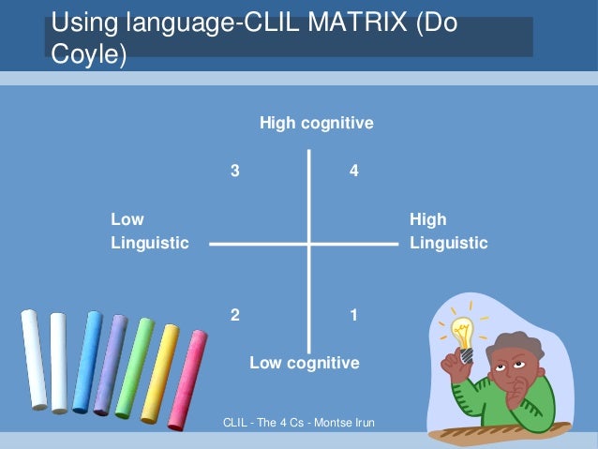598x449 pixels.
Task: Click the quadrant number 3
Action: [x=235, y=172]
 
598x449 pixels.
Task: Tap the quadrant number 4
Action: [x=353, y=172]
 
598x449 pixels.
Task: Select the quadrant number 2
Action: [x=235, y=315]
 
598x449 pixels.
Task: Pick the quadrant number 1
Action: [x=353, y=315]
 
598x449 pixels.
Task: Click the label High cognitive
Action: [x=317, y=123]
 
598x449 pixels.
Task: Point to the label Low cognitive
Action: [x=304, y=363]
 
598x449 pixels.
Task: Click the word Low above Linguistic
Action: [x=127, y=219]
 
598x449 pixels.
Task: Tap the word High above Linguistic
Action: [x=428, y=219]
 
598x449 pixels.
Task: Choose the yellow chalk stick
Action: [x=160, y=372]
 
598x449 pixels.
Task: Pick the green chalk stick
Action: [x=135, y=366]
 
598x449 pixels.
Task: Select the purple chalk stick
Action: [x=111, y=364]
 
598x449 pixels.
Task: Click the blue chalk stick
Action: [x=87, y=362]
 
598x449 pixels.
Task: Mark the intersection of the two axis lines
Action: [x=309, y=244]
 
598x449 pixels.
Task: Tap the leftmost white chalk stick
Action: [x=34, y=359]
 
